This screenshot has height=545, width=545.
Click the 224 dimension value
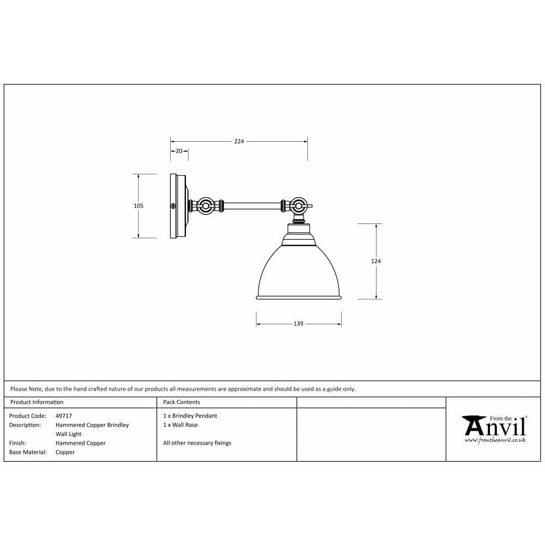pyautogui.click(x=239, y=141)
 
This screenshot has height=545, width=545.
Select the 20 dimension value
pyautogui.click(x=179, y=151)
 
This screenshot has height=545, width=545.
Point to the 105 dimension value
pyautogui.click(x=138, y=206)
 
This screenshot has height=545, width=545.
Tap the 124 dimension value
pyautogui.click(x=376, y=261)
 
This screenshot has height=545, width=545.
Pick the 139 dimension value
pyautogui.click(x=298, y=324)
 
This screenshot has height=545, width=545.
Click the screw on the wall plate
pyautogui.click(x=173, y=206)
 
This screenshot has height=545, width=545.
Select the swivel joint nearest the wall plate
pyautogui.click(x=206, y=206)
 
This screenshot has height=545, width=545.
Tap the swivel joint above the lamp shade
pyautogui.click(x=298, y=206)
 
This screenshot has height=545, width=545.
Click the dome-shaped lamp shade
pyautogui.click(x=299, y=272)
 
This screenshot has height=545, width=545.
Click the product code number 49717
pyautogui.click(x=64, y=416)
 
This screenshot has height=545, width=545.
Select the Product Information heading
pyautogui.click(x=37, y=402)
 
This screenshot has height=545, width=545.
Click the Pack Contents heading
pyautogui.click(x=181, y=402)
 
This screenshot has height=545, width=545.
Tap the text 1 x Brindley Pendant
pyautogui.click(x=190, y=416)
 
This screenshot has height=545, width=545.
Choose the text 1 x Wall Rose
pyautogui.click(x=180, y=425)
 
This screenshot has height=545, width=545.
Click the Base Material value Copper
pyautogui.click(x=65, y=452)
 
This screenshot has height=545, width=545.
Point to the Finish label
pyautogui.click(x=17, y=443)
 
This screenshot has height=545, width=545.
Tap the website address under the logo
pyautogui.click(x=495, y=439)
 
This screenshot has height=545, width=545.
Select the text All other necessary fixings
pyautogui.click(x=197, y=443)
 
